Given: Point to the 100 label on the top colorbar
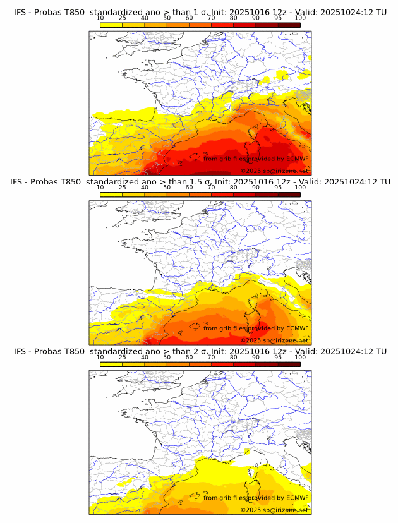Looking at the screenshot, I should pyautogui.click(x=300, y=18).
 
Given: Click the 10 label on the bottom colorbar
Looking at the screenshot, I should pyautogui.click(x=100, y=357).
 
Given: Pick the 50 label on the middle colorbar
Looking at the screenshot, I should pyautogui.click(x=167, y=188).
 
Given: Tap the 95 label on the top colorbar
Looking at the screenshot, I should pyautogui.click(x=278, y=18).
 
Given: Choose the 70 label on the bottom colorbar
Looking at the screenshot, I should pyautogui.click(x=211, y=357).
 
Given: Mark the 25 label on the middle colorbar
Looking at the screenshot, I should pyautogui.click(x=122, y=188).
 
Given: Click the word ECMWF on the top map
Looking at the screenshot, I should pyautogui.click(x=298, y=159).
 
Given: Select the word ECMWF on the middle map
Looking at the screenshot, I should pyautogui.click(x=298, y=328).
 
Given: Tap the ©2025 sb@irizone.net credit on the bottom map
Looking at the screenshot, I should pyautogui.click(x=275, y=510).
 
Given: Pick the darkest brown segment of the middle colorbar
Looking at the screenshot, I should pyautogui.click(x=289, y=194).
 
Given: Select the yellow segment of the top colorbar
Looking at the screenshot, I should pyautogui.click(x=111, y=25).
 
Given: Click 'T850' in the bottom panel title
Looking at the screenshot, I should pyautogui.click(x=71, y=351).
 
